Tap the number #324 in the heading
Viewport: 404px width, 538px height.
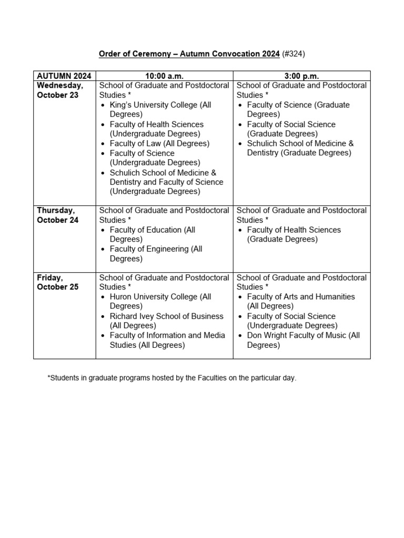(x=294, y=54)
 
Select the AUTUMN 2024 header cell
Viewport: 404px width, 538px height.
(x=64, y=76)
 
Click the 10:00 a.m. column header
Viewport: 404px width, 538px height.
(x=164, y=76)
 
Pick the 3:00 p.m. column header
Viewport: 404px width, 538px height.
(x=301, y=76)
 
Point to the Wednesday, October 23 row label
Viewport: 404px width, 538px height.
(x=59, y=90)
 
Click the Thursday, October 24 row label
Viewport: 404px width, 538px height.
(x=58, y=215)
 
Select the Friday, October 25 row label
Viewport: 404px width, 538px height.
(x=58, y=282)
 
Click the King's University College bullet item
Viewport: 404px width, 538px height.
(x=160, y=109)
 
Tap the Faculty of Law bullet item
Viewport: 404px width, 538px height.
(x=159, y=143)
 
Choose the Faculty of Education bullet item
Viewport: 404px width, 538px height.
(x=153, y=234)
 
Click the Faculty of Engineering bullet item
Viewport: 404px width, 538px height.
(x=156, y=254)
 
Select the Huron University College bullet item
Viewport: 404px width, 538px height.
(x=160, y=302)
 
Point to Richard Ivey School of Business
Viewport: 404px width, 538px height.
(x=166, y=320)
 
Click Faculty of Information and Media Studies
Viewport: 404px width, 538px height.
(x=167, y=340)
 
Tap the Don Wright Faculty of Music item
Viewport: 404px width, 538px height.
(x=303, y=340)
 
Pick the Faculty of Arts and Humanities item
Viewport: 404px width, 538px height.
(x=301, y=302)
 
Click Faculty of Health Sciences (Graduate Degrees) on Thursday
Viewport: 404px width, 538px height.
(x=294, y=234)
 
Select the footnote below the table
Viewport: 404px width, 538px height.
(x=172, y=378)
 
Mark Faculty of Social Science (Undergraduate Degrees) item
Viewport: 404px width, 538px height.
(x=292, y=320)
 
